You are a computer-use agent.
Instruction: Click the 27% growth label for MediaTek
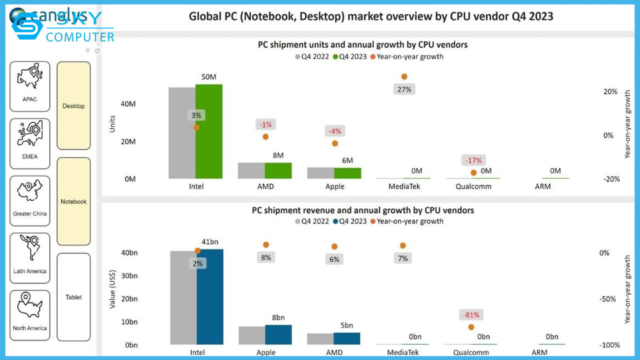click(404, 89)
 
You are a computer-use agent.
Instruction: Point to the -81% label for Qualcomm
click(471, 315)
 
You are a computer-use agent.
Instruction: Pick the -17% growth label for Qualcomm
click(473, 160)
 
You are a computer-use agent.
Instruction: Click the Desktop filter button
click(73, 106)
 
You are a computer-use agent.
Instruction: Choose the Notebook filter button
click(73, 201)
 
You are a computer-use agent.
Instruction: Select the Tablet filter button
click(73, 297)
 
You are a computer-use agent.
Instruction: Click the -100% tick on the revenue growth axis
click(609, 345)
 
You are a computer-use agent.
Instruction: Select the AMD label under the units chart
click(265, 186)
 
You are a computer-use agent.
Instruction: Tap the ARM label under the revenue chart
click(539, 352)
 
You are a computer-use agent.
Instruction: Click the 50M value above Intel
click(209, 77)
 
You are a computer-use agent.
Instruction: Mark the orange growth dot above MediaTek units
click(404, 76)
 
